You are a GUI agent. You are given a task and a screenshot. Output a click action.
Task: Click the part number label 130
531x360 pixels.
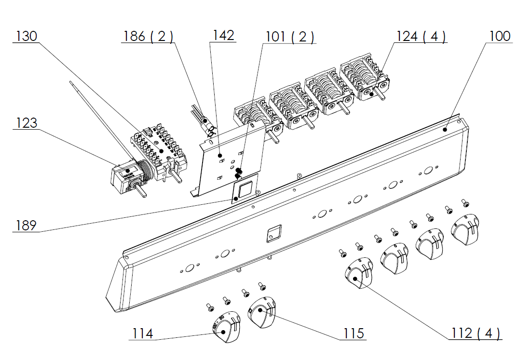click(27, 36)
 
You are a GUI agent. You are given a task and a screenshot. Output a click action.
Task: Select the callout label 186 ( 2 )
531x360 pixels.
click(148, 36)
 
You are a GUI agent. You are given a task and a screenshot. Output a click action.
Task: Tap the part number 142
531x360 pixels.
click(223, 36)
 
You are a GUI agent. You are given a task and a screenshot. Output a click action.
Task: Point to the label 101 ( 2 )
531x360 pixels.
click(289, 37)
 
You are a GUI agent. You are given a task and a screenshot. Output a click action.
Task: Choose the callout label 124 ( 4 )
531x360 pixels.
click(421, 36)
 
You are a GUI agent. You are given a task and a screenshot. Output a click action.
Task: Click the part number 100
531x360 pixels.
click(500, 36)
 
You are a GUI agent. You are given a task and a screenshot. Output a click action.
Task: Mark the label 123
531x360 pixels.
click(27, 123)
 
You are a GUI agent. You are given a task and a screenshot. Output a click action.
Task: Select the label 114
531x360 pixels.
click(143, 333)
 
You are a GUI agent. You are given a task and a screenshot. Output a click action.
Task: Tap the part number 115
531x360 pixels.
click(354, 333)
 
